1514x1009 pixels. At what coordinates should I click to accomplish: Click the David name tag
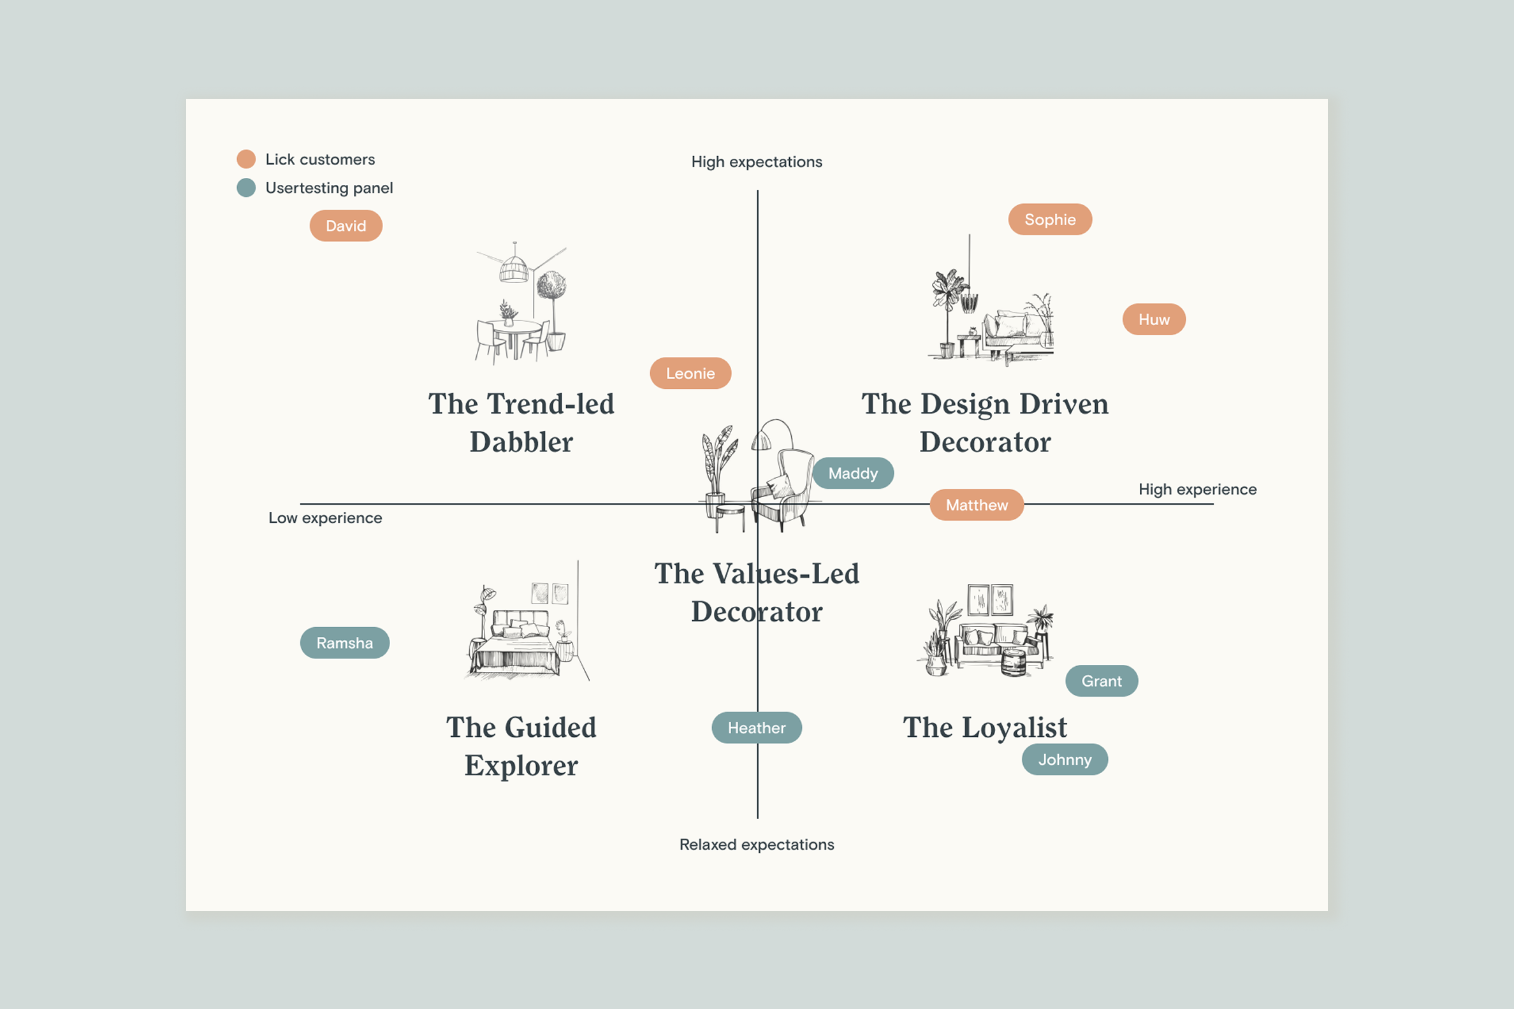(x=346, y=226)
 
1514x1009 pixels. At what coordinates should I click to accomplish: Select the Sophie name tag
(x=1049, y=219)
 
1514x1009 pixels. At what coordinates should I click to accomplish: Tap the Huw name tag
(x=1154, y=319)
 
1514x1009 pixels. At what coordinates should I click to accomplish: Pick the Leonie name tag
(x=690, y=374)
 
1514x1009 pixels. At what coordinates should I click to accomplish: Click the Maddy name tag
(x=852, y=473)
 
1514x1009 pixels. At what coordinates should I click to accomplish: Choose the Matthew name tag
(x=976, y=505)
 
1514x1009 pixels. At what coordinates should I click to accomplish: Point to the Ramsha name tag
(x=344, y=643)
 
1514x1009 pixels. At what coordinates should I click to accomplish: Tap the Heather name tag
(x=756, y=728)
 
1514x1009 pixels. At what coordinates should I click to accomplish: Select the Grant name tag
(x=1101, y=681)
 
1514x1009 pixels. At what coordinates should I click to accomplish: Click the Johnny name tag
(x=1064, y=759)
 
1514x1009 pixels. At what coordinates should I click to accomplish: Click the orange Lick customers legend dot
(x=246, y=159)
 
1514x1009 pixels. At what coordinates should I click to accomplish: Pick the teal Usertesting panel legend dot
(x=246, y=188)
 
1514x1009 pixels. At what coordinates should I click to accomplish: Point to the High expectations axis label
(x=756, y=162)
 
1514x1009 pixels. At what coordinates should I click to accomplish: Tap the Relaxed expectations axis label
(x=756, y=845)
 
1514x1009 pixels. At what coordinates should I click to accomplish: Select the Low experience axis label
(x=325, y=518)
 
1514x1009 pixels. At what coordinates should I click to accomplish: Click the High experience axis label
(x=1197, y=490)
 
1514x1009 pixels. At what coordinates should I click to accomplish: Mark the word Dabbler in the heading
(x=521, y=443)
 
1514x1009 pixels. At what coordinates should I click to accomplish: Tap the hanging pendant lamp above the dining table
(x=513, y=268)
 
